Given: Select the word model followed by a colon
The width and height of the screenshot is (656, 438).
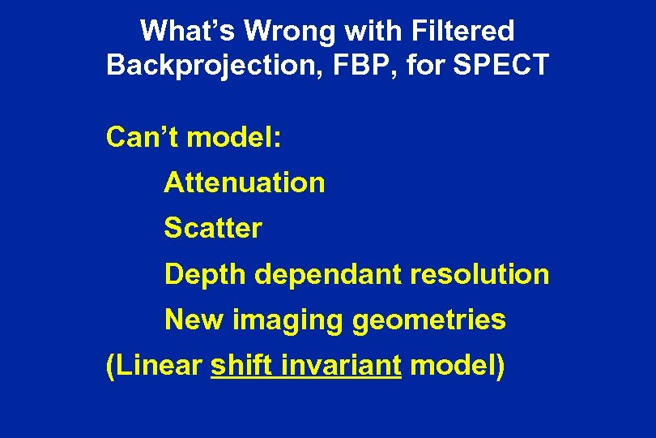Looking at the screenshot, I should coord(235,137).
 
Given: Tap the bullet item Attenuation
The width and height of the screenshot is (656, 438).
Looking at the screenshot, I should coord(245,182).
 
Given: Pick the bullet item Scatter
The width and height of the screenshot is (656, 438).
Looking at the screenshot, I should coord(213,228).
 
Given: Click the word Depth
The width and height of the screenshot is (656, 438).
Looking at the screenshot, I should coord(205,274).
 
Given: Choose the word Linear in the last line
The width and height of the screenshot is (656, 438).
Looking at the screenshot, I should coord(154,365).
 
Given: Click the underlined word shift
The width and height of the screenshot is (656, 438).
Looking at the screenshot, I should coord(242,365).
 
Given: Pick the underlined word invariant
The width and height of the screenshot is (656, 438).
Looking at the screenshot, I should coord(342,365).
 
